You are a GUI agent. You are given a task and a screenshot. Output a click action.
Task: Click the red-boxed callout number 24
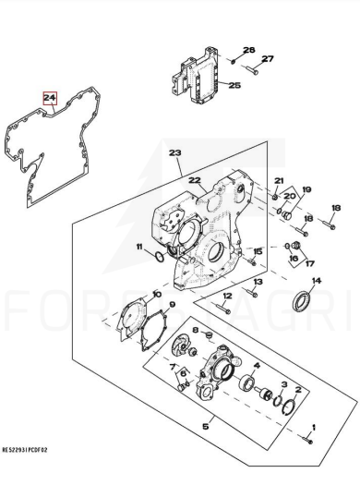tap(50, 98)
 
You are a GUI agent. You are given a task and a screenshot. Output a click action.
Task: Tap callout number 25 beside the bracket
tap(234, 85)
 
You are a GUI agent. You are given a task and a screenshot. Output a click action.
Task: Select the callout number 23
tap(175, 152)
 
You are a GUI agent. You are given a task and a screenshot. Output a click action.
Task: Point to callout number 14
tap(317, 281)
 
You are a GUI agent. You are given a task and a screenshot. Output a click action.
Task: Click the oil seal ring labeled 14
tap(301, 300)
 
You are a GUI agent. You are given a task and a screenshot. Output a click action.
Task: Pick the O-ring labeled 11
tap(160, 257)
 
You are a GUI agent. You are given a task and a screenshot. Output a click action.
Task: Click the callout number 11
tap(139, 247)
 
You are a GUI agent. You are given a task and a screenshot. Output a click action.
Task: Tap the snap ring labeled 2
tap(290, 409)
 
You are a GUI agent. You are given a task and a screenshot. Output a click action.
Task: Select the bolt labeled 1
tap(306, 439)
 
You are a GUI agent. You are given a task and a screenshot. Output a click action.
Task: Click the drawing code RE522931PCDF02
tap(25, 450)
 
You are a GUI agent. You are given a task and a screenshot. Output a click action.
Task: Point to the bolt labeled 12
tap(222, 309)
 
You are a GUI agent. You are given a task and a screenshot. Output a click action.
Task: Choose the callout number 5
tap(206, 427)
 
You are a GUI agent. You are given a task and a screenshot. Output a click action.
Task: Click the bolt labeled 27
tap(252, 70)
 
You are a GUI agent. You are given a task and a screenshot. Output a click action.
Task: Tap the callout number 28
tap(248, 50)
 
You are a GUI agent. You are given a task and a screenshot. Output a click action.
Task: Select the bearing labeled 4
tap(246, 382)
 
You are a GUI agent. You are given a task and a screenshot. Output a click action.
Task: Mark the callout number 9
tap(172, 304)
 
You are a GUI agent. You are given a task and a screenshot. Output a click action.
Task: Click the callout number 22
tap(195, 180)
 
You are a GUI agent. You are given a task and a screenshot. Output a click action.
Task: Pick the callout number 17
tap(309, 263)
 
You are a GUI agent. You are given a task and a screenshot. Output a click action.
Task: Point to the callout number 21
tap(279, 180)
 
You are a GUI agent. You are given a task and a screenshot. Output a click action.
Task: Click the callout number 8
tap(196, 331)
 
